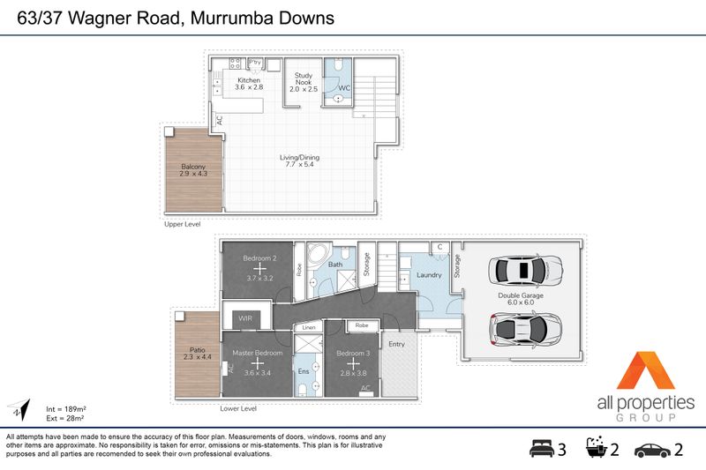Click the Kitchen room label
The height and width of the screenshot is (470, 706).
[249, 80]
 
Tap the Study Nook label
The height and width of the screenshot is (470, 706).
[303, 78]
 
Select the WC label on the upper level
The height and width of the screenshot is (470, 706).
[344, 88]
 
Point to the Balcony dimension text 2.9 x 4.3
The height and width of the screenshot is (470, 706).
[193, 174]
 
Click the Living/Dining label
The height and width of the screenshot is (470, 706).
[299, 158]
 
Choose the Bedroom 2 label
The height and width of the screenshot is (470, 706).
[259, 258]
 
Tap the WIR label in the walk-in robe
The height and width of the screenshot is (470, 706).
[245, 318]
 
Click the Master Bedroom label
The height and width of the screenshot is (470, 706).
[258, 353]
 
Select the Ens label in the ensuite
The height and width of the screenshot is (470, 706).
[304, 371]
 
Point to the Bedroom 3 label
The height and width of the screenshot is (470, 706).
[354, 353]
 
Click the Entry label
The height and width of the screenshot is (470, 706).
[396, 344]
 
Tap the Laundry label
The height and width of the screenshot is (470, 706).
[429, 275]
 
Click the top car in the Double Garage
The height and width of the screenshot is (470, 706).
[525, 271]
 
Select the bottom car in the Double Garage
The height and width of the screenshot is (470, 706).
[525, 329]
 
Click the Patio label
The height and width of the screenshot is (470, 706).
[197, 349]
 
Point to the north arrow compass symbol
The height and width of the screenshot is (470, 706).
[19, 408]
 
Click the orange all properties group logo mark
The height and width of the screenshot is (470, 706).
[646, 370]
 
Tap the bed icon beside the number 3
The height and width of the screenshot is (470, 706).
[542, 449]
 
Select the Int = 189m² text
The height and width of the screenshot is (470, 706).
[65, 409]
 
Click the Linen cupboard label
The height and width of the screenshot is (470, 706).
[309, 327]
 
